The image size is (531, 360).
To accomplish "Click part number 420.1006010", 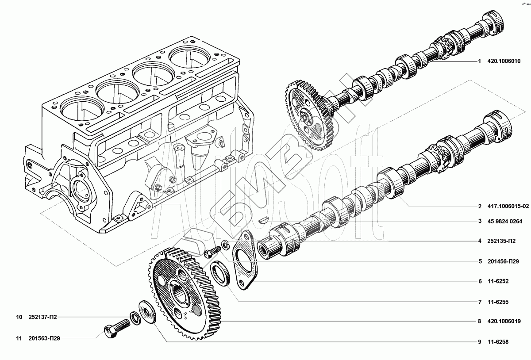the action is coord(504,61).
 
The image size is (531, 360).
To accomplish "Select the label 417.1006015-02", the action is coord(508,206).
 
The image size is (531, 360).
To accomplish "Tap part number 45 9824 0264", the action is coord(505,222).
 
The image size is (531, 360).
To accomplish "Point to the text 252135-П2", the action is coord(501,241).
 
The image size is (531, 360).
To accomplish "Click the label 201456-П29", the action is coord(503,261).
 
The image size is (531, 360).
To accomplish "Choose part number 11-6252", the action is coord(498,281).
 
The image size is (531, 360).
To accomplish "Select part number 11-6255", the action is coord(498,302).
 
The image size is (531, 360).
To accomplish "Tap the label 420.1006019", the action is coord(504,322).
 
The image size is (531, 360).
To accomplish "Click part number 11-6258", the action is coord(498,342).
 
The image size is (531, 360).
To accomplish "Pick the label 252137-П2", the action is coord(42,317).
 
